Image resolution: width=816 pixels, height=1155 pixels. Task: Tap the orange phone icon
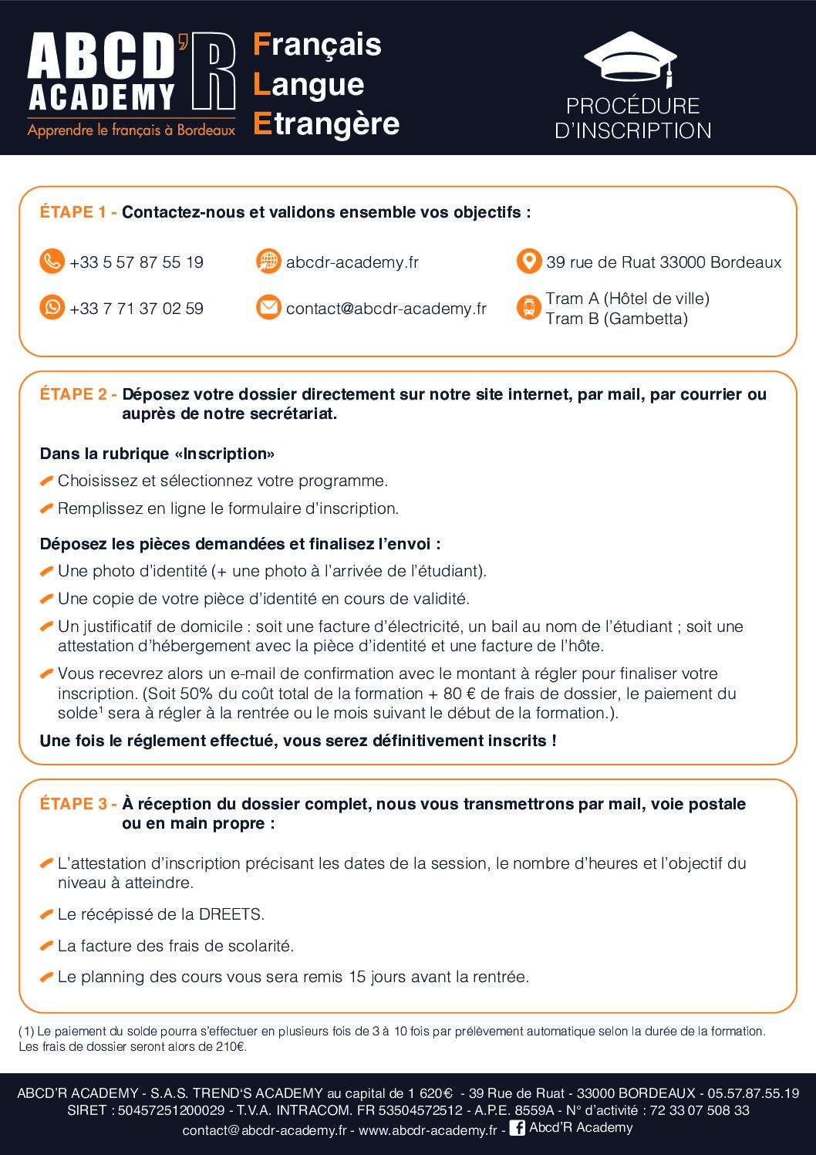(x=52, y=262)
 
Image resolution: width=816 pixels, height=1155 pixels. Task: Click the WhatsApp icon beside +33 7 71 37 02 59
(x=52, y=308)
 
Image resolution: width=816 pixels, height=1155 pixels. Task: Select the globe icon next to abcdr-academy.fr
(x=268, y=262)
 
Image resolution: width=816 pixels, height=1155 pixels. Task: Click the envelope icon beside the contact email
(x=268, y=308)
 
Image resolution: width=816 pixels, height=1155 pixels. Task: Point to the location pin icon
(x=528, y=262)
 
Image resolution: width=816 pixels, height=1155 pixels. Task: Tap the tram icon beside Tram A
(x=528, y=308)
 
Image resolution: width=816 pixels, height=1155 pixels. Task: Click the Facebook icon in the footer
(x=518, y=1128)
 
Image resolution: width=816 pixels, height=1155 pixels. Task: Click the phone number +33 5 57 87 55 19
(x=137, y=262)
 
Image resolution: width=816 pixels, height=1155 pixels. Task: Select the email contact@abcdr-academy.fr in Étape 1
(x=386, y=309)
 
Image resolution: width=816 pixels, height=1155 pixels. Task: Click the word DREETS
(x=231, y=914)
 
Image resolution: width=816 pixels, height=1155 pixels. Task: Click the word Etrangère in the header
(x=326, y=123)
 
